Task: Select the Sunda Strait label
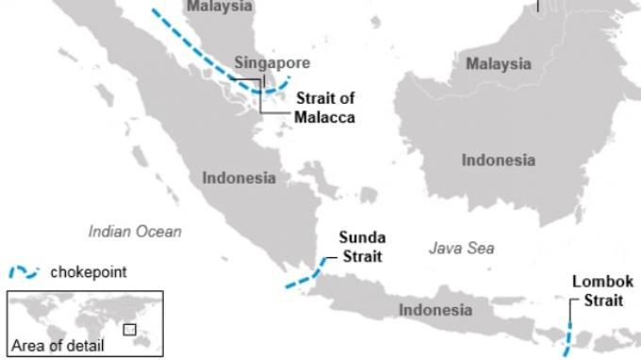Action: coord(362,247)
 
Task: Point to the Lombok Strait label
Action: coord(602,291)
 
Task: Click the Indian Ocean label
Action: coord(135,231)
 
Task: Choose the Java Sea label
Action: coord(461,249)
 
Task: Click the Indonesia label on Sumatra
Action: coord(239,177)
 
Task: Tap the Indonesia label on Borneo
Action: coord(498,160)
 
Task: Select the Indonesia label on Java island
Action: coord(435,309)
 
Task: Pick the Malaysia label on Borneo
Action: coord(498,64)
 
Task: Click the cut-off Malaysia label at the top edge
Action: coord(219,7)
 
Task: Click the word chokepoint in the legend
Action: coord(89,272)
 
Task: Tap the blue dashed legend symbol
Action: coord(24,272)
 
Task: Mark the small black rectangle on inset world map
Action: coord(129,330)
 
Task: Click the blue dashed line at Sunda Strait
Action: coord(304,278)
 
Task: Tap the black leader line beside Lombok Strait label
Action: coord(570,311)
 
